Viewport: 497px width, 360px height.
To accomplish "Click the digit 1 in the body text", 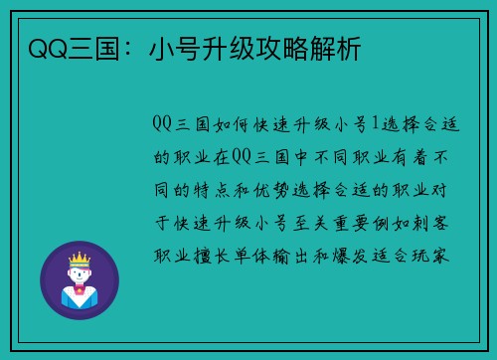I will click(x=374, y=124).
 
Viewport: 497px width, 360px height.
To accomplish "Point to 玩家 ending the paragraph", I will click(x=438, y=254).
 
